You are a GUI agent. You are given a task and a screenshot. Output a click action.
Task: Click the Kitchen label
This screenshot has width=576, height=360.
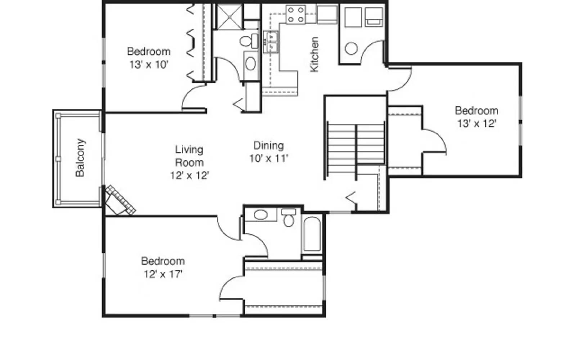coord(314,54)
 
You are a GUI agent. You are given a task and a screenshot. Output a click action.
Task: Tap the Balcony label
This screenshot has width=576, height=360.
coord(80,158)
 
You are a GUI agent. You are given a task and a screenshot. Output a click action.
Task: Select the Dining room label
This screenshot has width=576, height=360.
coord(269,145)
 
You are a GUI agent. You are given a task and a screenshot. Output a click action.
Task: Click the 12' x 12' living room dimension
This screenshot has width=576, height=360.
coord(190,175)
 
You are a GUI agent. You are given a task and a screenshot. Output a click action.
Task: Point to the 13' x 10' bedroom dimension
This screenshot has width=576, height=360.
coord(149,65)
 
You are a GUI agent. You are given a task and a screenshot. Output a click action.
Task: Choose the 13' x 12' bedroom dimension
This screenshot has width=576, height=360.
coord(477,123)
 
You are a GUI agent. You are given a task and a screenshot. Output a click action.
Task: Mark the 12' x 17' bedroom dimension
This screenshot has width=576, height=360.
coord(163,274)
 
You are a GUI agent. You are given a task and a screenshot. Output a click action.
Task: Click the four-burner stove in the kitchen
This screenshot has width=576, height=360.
coord(296,14)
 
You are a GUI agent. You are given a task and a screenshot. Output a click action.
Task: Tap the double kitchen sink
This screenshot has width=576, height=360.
coord(270,42)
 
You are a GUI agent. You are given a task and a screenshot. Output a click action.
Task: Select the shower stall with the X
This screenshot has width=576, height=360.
coord(230,17)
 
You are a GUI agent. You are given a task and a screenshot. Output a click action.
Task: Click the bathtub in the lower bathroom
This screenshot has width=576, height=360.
coord(312,234)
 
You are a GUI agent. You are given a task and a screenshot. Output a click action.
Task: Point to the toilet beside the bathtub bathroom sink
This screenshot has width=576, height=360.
coord(288,218)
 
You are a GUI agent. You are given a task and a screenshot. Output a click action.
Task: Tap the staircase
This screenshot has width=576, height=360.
coord(356,144)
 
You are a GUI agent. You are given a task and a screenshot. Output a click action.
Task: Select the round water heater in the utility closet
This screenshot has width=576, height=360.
coord(351,49)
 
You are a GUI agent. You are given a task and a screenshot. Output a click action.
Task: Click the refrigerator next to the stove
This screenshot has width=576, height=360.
coord(327,15)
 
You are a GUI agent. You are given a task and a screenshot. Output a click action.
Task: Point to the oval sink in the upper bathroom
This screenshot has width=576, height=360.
coord(251,64)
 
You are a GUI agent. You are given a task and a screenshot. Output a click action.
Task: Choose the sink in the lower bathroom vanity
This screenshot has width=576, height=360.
coord(260,215)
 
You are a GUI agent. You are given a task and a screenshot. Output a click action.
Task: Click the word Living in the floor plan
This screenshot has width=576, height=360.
coord(189,149)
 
